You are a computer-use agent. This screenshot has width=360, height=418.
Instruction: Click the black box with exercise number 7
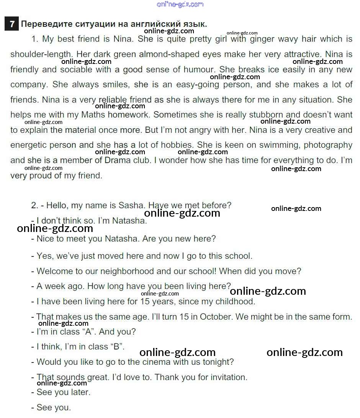point(12,24)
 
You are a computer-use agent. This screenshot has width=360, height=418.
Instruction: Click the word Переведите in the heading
point(43,24)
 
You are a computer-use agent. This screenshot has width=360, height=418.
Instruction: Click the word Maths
point(93,115)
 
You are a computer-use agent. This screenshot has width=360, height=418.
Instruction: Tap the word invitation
point(228,377)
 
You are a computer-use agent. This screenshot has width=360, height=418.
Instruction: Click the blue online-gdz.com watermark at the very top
point(180,4)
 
